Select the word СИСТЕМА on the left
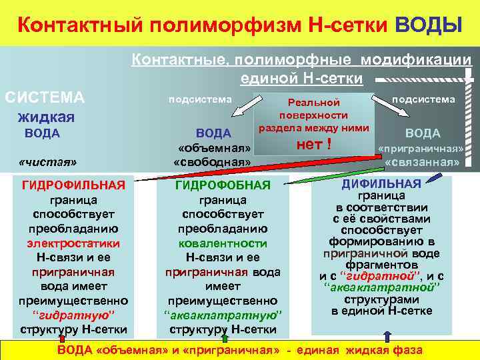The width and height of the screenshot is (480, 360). coord(45,98)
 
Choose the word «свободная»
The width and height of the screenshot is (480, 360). coord(212,161)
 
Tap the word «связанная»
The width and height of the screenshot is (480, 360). coord(422,162)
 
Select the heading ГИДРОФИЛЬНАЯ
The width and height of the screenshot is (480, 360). coord(73,185)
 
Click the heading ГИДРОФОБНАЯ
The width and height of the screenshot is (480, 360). coord(223,185)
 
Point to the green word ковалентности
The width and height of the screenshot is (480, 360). coord(223,243)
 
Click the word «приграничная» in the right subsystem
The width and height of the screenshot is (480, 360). coord(421,148)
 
